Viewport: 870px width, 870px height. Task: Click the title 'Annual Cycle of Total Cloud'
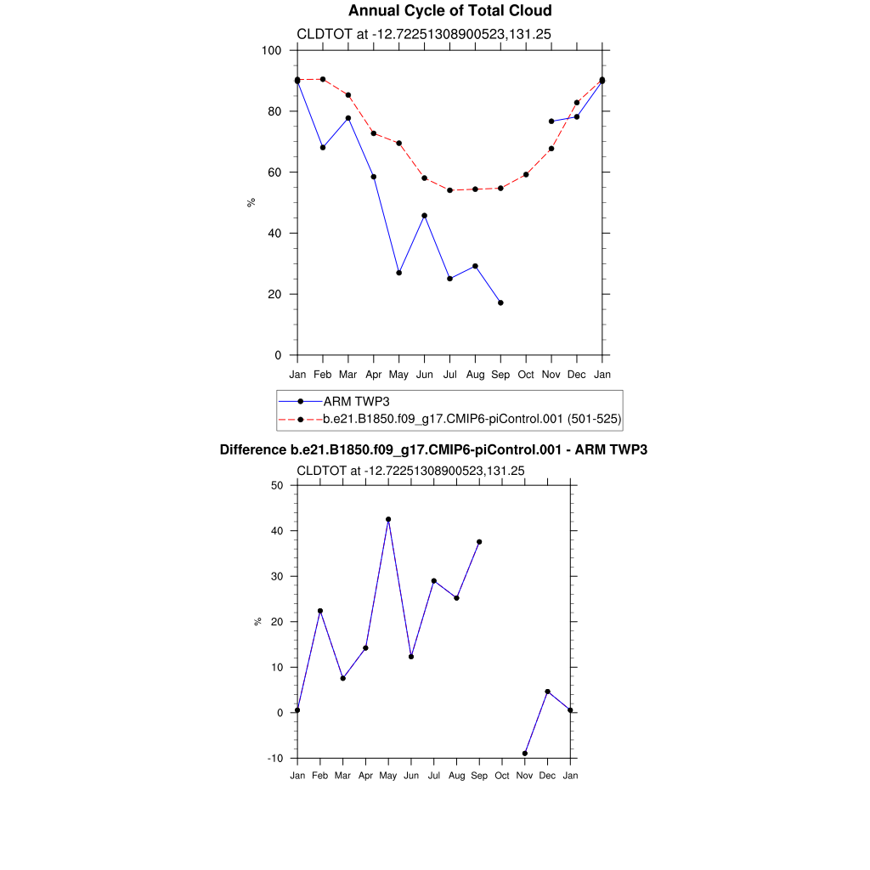coord(449,11)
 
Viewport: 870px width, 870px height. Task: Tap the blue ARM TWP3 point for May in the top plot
coord(398,273)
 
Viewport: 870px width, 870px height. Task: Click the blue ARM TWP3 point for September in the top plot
coord(500,302)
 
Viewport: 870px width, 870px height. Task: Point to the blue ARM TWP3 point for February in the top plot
coord(323,148)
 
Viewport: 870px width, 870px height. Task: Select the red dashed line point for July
coord(449,190)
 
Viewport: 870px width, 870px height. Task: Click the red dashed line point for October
coord(526,175)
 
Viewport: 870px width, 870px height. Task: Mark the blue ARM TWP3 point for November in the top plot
coord(551,121)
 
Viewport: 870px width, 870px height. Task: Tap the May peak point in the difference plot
coord(388,519)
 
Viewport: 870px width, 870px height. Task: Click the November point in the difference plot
coord(525,753)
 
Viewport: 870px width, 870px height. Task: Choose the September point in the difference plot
coord(479,542)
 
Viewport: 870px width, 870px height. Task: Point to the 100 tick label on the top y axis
coord(272,50)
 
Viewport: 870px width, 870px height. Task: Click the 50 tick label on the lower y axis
coord(276,485)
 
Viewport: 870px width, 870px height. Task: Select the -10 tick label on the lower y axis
coord(274,758)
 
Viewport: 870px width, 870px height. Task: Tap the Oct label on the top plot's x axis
coord(526,375)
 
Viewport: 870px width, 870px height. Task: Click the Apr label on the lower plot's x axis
coord(365,776)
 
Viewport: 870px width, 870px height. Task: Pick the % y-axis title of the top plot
coord(251,202)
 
